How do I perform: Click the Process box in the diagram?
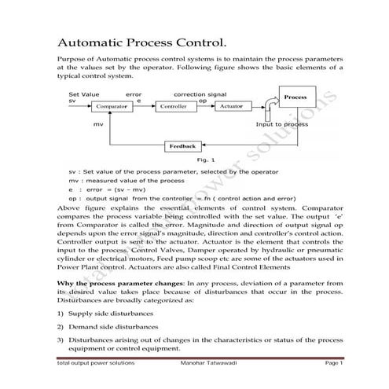pos(295,97)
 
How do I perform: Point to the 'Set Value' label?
pos(84,94)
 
